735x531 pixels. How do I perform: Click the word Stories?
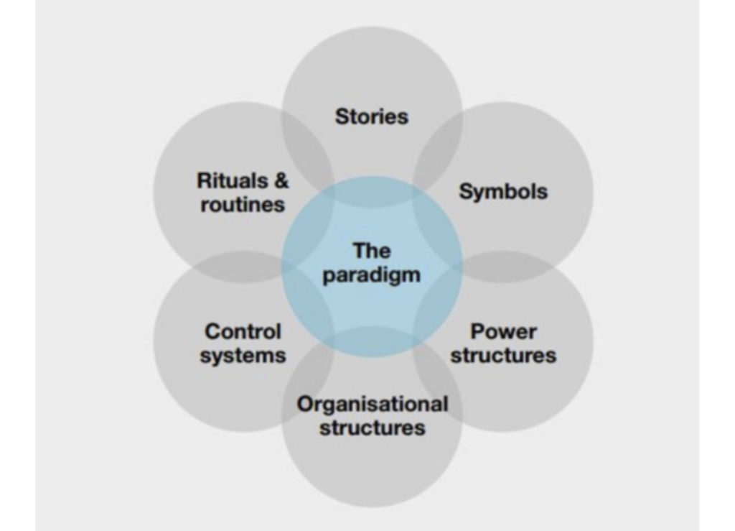(x=371, y=116)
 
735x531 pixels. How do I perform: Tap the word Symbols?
(x=503, y=192)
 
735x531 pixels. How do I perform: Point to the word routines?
(x=243, y=204)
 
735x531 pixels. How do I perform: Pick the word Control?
(x=243, y=332)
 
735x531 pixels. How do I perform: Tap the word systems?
(x=243, y=354)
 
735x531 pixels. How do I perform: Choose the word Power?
(x=503, y=332)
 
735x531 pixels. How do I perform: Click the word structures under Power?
(x=503, y=355)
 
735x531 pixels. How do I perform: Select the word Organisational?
(x=373, y=405)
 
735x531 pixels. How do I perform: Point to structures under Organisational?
(x=372, y=428)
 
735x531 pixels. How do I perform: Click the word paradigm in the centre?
(x=372, y=275)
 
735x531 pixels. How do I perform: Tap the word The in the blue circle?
(x=372, y=251)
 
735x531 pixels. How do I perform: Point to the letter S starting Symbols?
(x=464, y=192)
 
